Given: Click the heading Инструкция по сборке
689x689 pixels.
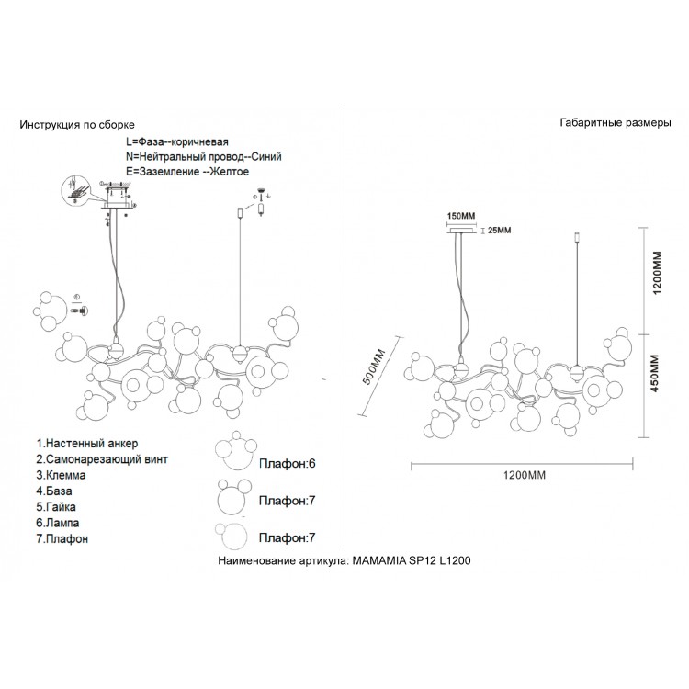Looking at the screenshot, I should pos(77,123).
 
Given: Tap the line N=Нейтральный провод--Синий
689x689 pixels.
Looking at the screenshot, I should pos(203,157).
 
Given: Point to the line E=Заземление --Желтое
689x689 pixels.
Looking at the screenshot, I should pos(187,171).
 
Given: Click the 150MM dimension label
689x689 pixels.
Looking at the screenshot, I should pos(461,216).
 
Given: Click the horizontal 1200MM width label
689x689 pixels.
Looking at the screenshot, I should pos(525,476).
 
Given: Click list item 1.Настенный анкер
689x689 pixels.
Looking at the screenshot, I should pos(87,443).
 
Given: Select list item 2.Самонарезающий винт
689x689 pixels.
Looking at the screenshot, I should pos(103,458).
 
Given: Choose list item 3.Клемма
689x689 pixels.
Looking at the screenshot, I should pos(63,475).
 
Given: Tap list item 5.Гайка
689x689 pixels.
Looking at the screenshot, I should pos(59,506).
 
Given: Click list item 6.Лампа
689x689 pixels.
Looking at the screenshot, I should pos(62,523).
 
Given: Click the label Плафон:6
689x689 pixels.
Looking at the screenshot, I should pos(287,464).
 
